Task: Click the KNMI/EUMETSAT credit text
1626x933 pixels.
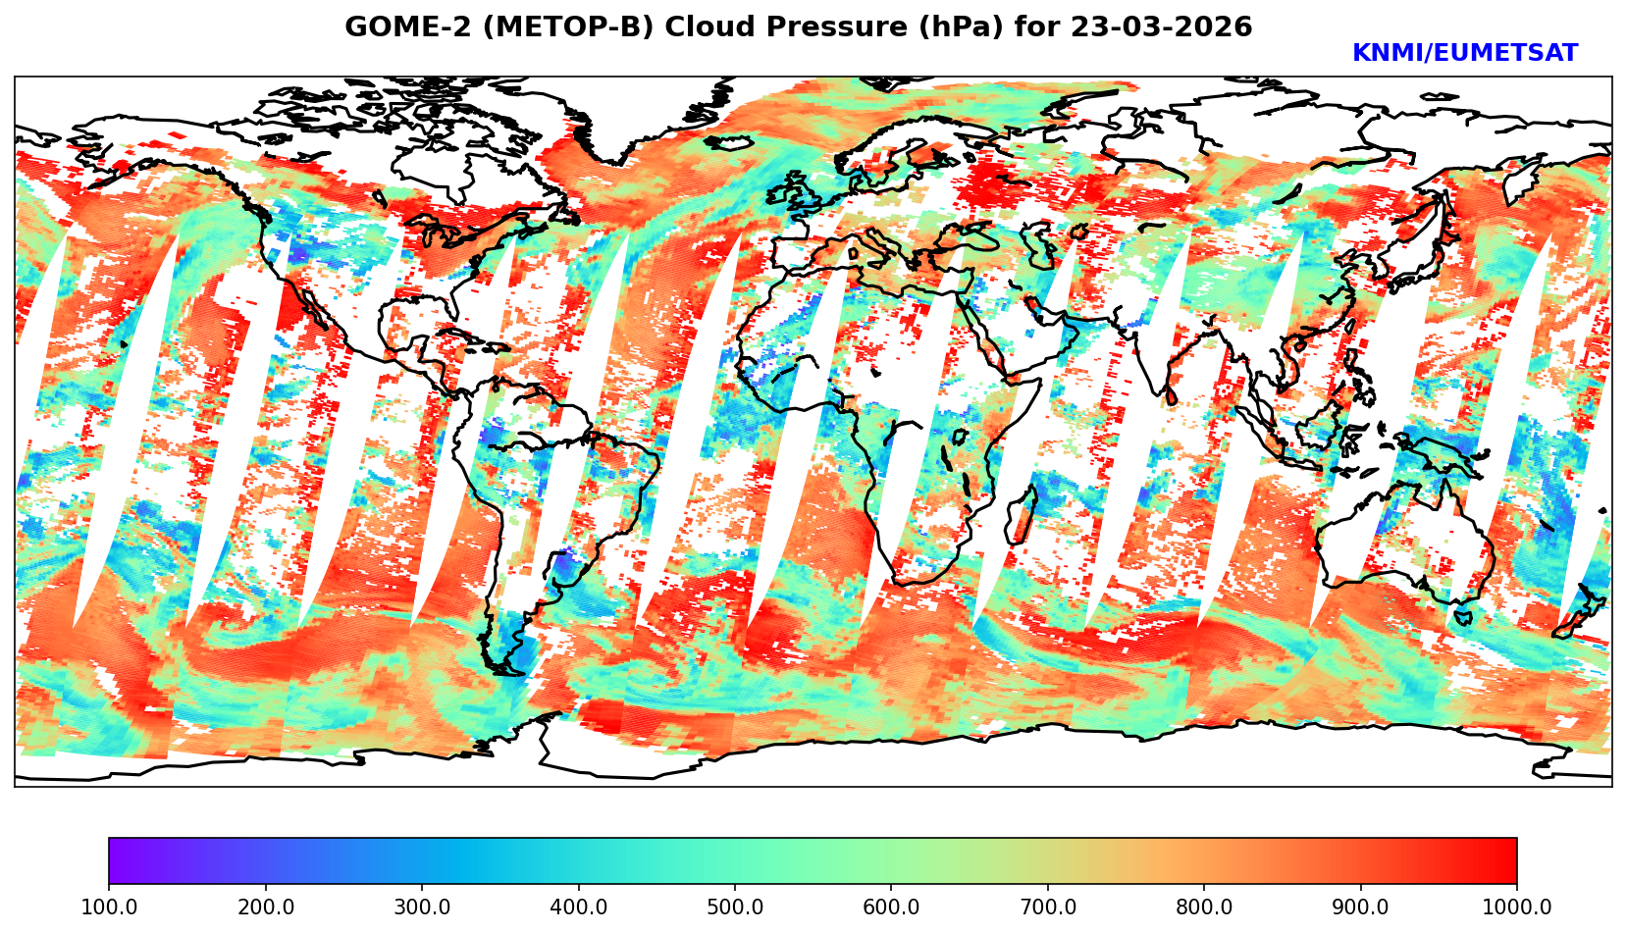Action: coord(1464,54)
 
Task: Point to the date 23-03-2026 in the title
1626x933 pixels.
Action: coord(1162,27)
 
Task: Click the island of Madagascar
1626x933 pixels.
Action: coord(1022,517)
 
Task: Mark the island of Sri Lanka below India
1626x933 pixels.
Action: coord(1171,396)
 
